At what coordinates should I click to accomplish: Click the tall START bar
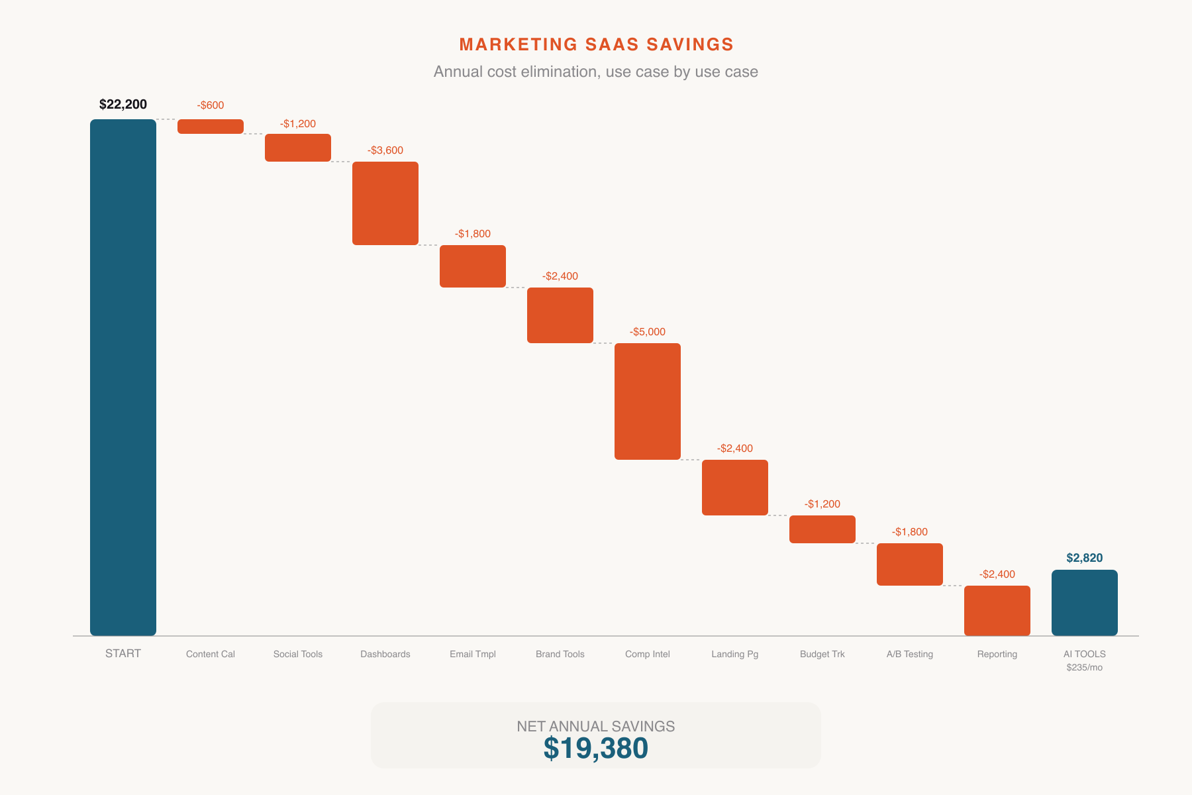[x=123, y=377]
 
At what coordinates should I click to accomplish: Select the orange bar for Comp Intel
[x=648, y=401]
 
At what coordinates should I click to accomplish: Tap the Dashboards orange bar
[x=385, y=203]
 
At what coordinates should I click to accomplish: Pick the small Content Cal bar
[x=211, y=127]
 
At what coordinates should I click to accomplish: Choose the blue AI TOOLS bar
[x=1085, y=602]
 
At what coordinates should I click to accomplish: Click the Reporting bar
[x=997, y=610]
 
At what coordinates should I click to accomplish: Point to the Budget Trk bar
[x=822, y=529]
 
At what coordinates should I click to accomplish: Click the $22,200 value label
[x=123, y=104]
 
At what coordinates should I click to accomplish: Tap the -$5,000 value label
[x=648, y=332]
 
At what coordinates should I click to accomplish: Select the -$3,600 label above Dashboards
[x=385, y=150]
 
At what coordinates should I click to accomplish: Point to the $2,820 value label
[x=1085, y=558]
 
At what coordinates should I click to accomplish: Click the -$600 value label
[x=211, y=105]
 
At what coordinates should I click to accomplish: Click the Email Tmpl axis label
[x=473, y=654]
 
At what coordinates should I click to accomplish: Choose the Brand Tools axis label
[x=560, y=654]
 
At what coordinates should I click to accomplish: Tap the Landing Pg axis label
[x=735, y=654]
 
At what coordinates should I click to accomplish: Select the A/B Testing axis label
[x=910, y=654]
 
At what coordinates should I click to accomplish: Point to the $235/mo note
[x=1085, y=667]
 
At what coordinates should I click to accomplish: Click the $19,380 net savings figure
[x=596, y=749]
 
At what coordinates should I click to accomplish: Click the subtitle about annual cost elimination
[x=596, y=72]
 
